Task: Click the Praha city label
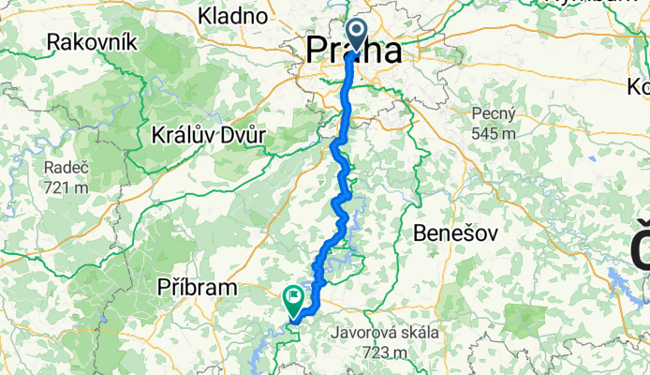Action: [x=355, y=51]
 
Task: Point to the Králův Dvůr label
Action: [x=209, y=135]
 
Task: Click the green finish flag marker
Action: [x=294, y=300]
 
